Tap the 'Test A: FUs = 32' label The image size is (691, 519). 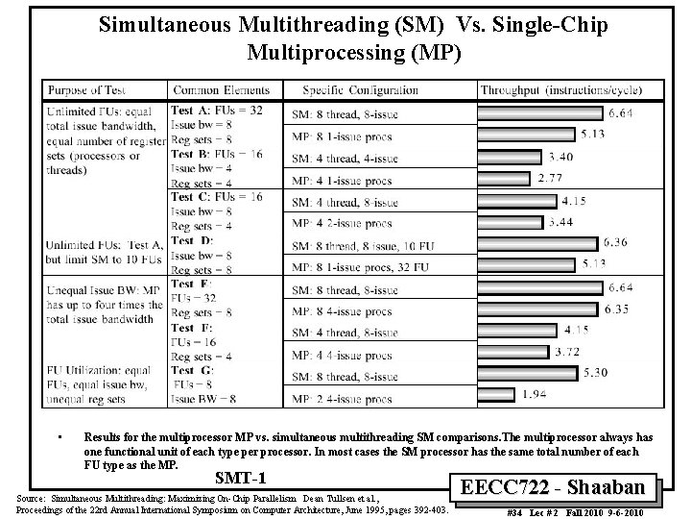pyautogui.click(x=216, y=111)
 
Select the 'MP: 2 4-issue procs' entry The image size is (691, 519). pyautogui.click(x=344, y=394)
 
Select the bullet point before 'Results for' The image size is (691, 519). pyautogui.click(x=60, y=435)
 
